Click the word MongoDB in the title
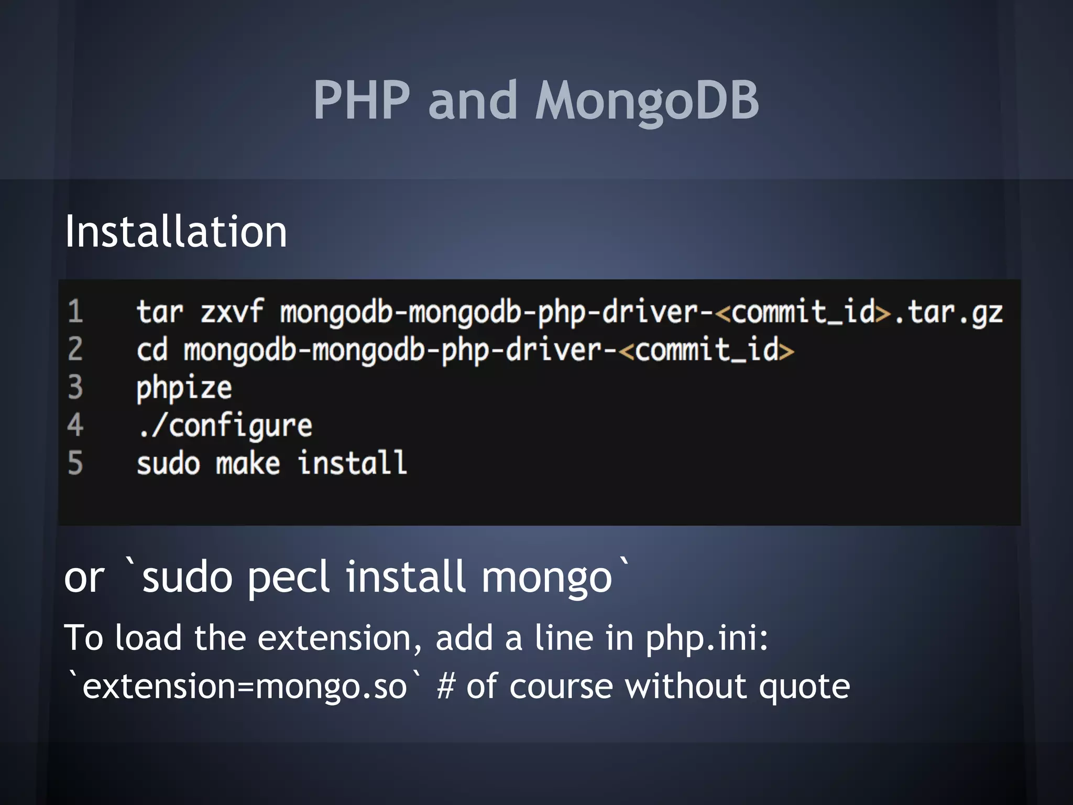647,101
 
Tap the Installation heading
176,232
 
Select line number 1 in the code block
75,311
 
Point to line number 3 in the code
75,387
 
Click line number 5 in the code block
75,463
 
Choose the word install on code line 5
352,463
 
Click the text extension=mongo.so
245,687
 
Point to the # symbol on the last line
445,687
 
